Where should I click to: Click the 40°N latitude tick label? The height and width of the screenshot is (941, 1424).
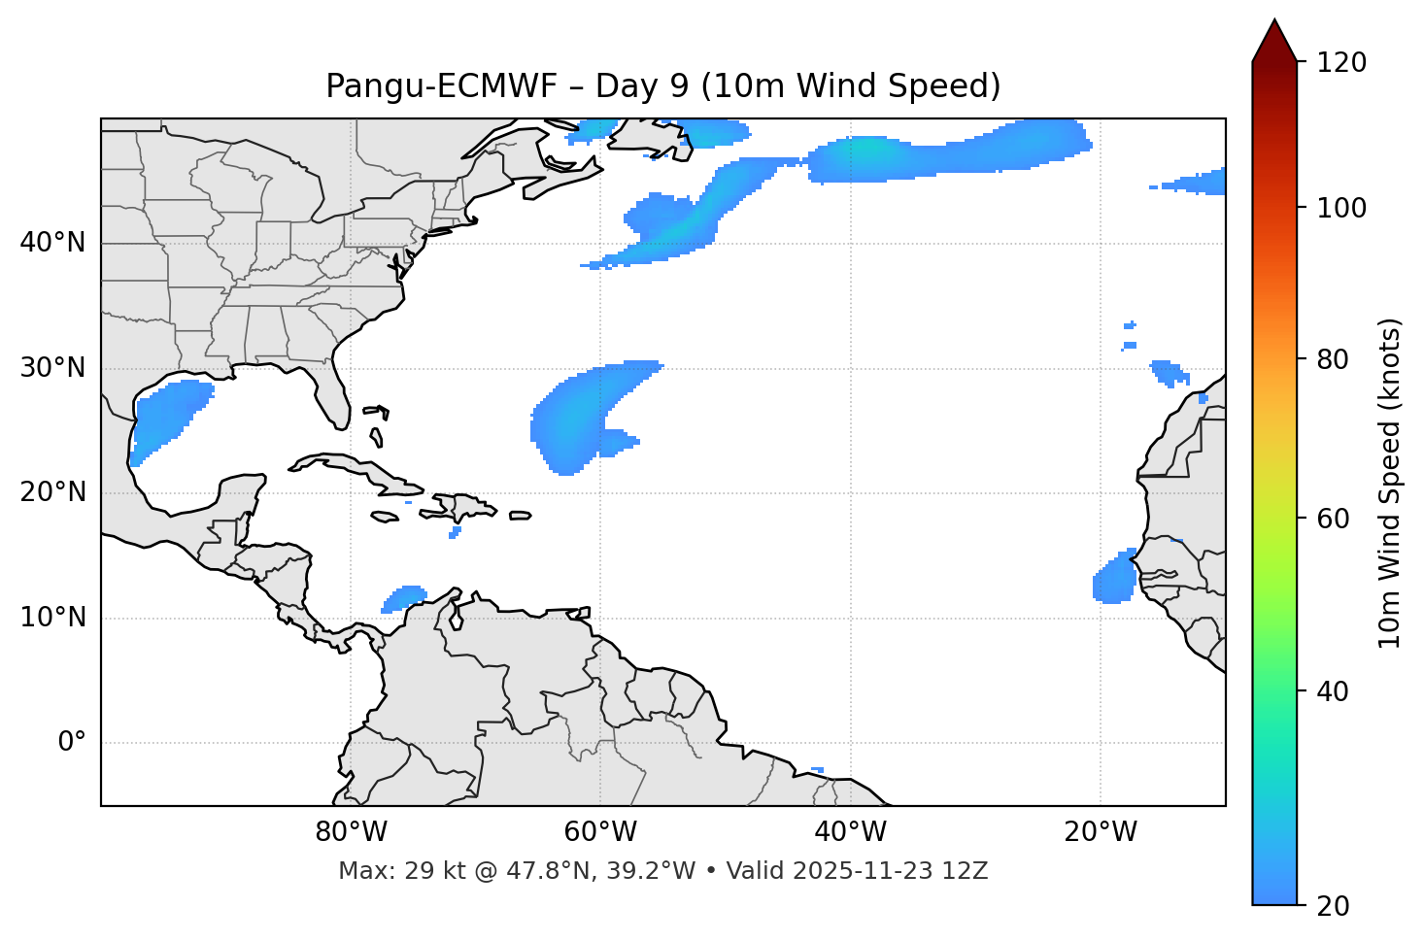click(x=52, y=243)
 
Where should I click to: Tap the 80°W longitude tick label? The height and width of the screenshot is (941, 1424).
click(x=351, y=832)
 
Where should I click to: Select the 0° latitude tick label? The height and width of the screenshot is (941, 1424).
click(x=72, y=743)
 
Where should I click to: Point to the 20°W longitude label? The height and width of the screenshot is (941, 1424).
click(x=1100, y=832)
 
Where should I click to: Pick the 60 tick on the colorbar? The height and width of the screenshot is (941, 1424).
click(x=1339, y=519)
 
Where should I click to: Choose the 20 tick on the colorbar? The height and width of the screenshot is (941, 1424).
click(x=1339, y=906)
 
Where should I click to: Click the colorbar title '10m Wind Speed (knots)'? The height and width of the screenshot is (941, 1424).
click(x=1389, y=483)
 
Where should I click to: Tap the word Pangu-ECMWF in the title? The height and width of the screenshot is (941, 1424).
click(x=441, y=86)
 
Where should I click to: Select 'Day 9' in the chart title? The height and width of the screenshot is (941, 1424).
click(x=641, y=86)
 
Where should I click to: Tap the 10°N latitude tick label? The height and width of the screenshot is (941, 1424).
click(x=52, y=618)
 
